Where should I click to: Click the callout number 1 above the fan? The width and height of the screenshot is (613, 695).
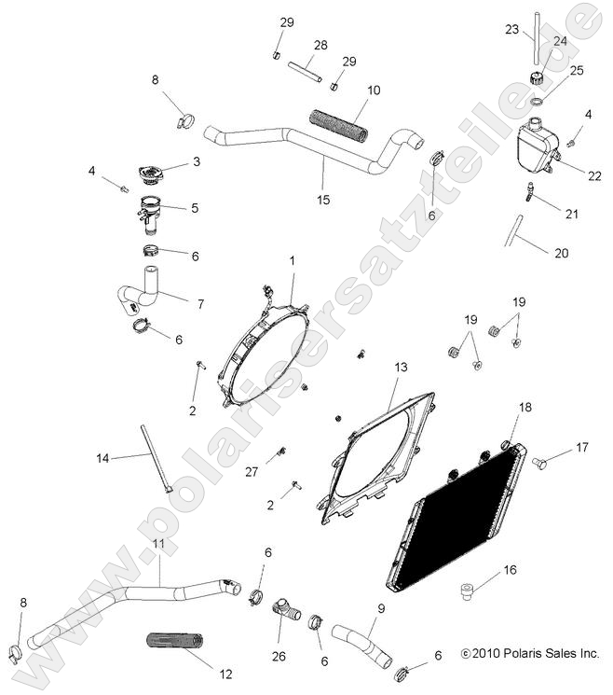click(292, 262)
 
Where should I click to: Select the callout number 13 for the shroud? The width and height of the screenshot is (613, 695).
click(401, 368)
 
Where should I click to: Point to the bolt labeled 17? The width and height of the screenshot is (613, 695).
click(540, 462)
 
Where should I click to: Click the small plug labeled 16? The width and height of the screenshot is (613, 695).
click(469, 590)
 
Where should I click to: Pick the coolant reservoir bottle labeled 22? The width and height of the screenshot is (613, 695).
click(534, 145)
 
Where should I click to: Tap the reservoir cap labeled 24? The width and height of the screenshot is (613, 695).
click(536, 76)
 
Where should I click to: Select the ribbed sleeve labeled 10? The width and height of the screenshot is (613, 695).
click(339, 124)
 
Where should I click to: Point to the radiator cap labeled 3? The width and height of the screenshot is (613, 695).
click(148, 174)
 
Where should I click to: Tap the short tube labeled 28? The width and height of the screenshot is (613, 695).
click(305, 72)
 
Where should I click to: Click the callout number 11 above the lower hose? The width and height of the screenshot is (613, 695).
click(158, 543)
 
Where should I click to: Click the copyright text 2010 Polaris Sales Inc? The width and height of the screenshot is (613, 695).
click(529, 654)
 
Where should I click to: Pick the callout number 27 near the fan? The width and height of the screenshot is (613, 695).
click(251, 473)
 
